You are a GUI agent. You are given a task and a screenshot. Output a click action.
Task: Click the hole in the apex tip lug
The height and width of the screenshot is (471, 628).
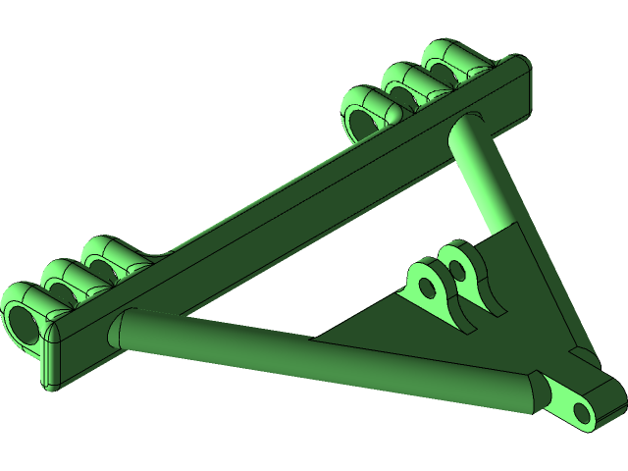pos(583,411)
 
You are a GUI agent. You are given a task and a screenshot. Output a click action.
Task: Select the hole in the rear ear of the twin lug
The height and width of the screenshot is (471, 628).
pos(456,264)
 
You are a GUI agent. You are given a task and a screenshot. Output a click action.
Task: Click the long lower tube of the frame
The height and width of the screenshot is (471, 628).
pos(324,358)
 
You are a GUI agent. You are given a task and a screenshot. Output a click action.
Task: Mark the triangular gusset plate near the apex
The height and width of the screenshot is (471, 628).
pos(510,304)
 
